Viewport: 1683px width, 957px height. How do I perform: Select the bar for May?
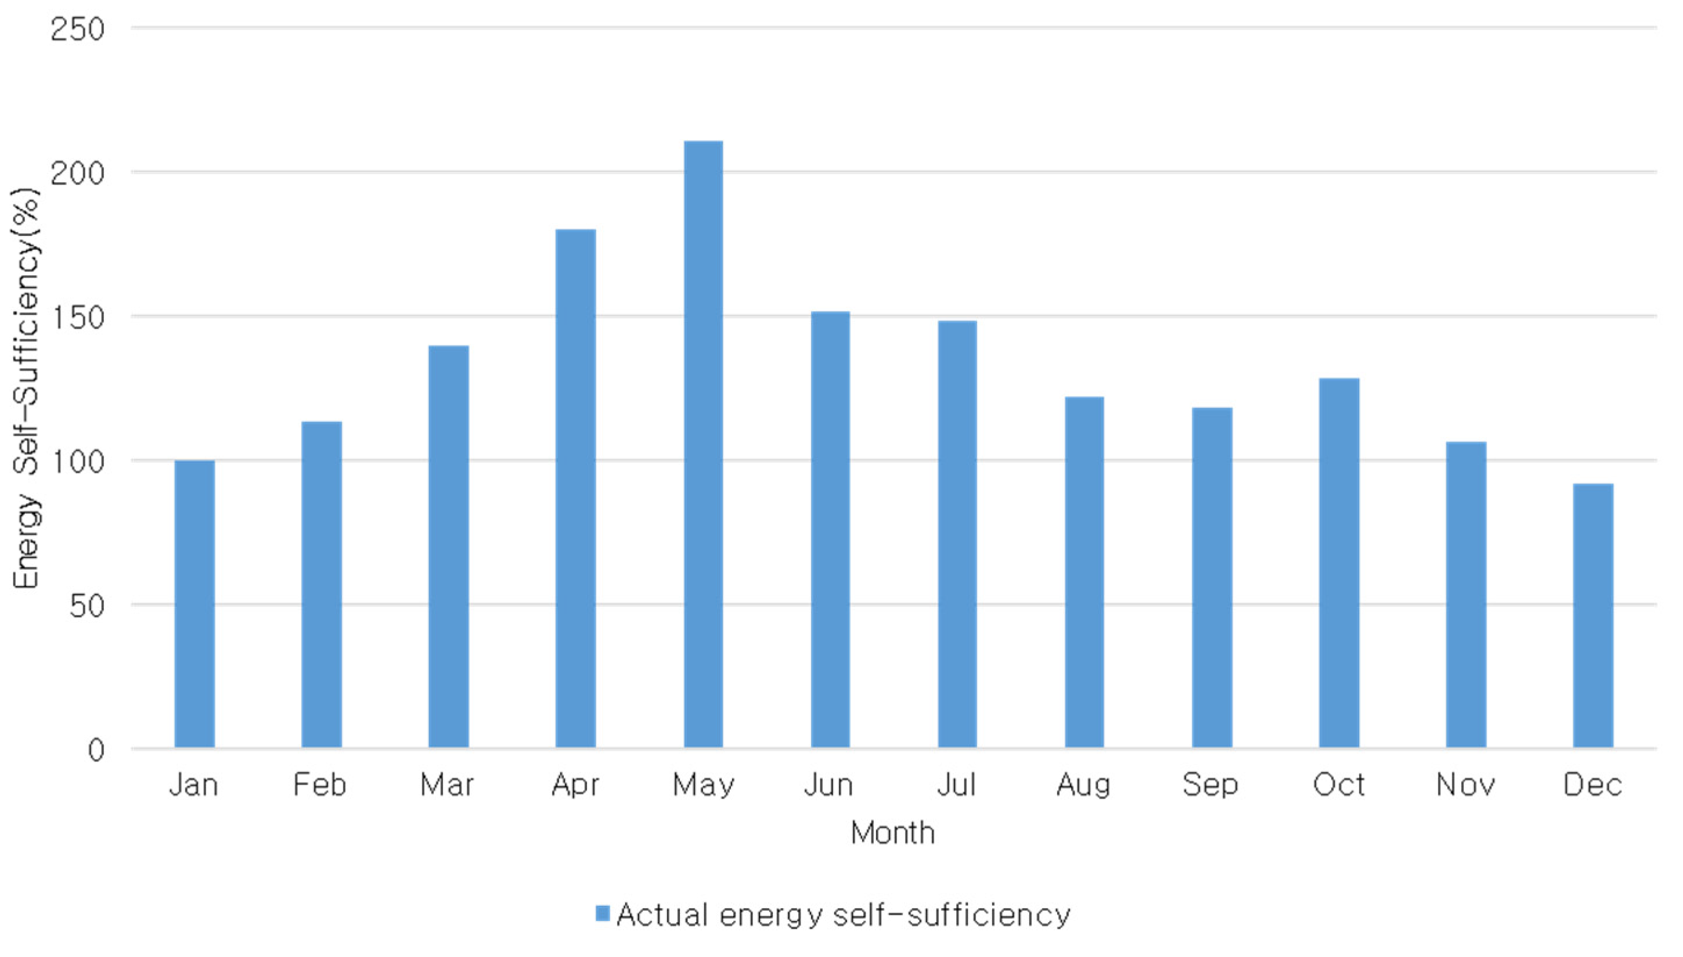(x=703, y=444)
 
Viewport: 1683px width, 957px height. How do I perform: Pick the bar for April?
(x=575, y=488)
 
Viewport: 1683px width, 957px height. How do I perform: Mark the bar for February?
(x=321, y=584)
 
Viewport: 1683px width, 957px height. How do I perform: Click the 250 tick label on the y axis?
(x=78, y=30)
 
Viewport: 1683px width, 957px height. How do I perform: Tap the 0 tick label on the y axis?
(x=96, y=750)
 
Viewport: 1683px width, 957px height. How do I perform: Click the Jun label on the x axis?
(x=829, y=785)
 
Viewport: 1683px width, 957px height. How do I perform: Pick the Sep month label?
(x=1210, y=785)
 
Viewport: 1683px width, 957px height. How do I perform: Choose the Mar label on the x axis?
(x=448, y=785)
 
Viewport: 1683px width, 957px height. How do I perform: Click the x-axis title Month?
(x=892, y=833)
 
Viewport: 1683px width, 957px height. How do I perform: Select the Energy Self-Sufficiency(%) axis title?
(x=26, y=388)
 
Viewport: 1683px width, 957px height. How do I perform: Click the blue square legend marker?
(x=603, y=913)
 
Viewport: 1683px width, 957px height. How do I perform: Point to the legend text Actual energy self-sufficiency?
(x=844, y=915)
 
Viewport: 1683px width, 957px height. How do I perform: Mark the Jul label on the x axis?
(x=957, y=785)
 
